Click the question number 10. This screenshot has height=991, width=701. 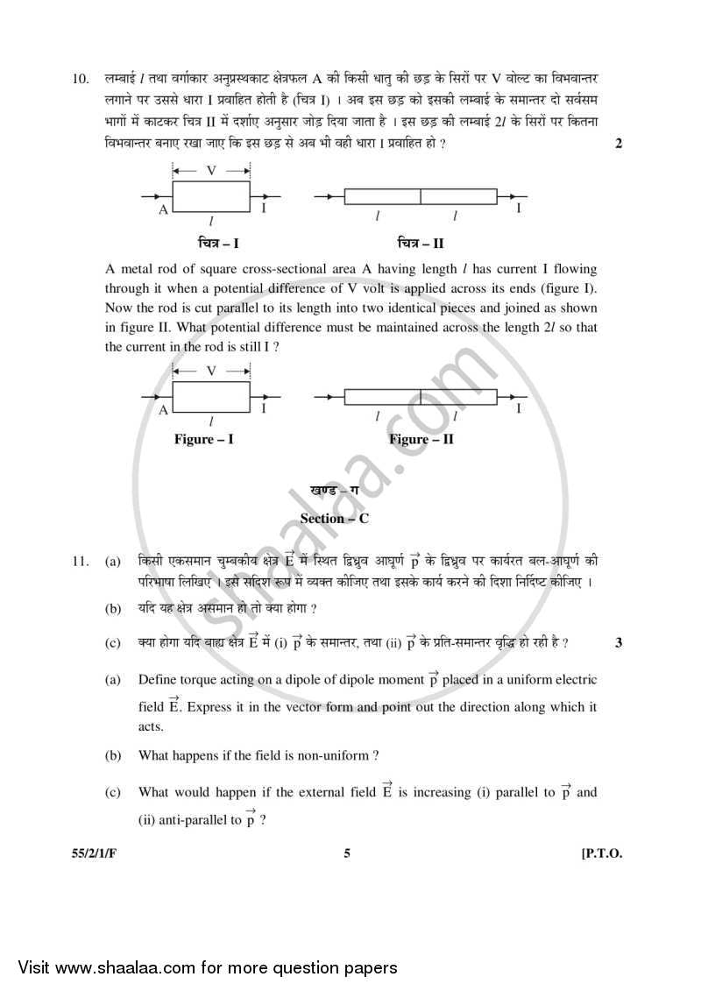pyautogui.click(x=80, y=80)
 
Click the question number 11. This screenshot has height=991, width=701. pyautogui.click(x=80, y=560)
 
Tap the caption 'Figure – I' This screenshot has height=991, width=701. pyautogui.click(x=203, y=439)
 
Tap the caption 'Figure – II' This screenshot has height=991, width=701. pyautogui.click(x=421, y=439)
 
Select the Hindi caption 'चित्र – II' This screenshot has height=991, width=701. pyautogui.click(x=420, y=243)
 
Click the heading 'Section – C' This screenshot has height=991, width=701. pyautogui.click(x=334, y=518)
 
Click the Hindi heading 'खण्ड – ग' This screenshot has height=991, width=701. pyautogui.click(x=334, y=491)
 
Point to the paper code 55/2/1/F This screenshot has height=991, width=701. pyautogui.click(x=94, y=854)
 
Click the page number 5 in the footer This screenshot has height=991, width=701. pyautogui.click(x=347, y=854)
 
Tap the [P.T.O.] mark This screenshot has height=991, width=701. pyautogui.click(x=601, y=854)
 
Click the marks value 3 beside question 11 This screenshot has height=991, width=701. pyautogui.click(x=619, y=642)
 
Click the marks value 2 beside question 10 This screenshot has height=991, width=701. pyautogui.click(x=619, y=144)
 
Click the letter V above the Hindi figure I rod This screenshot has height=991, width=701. pyautogui.click(x=211, y=171)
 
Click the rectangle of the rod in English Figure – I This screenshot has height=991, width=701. pyautogui.click(x=211, y=395)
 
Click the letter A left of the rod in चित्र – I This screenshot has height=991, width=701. pyautogui.click(x=163, y=210)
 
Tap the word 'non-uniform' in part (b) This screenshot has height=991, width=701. pyautogui.click(x=336, y=755)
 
